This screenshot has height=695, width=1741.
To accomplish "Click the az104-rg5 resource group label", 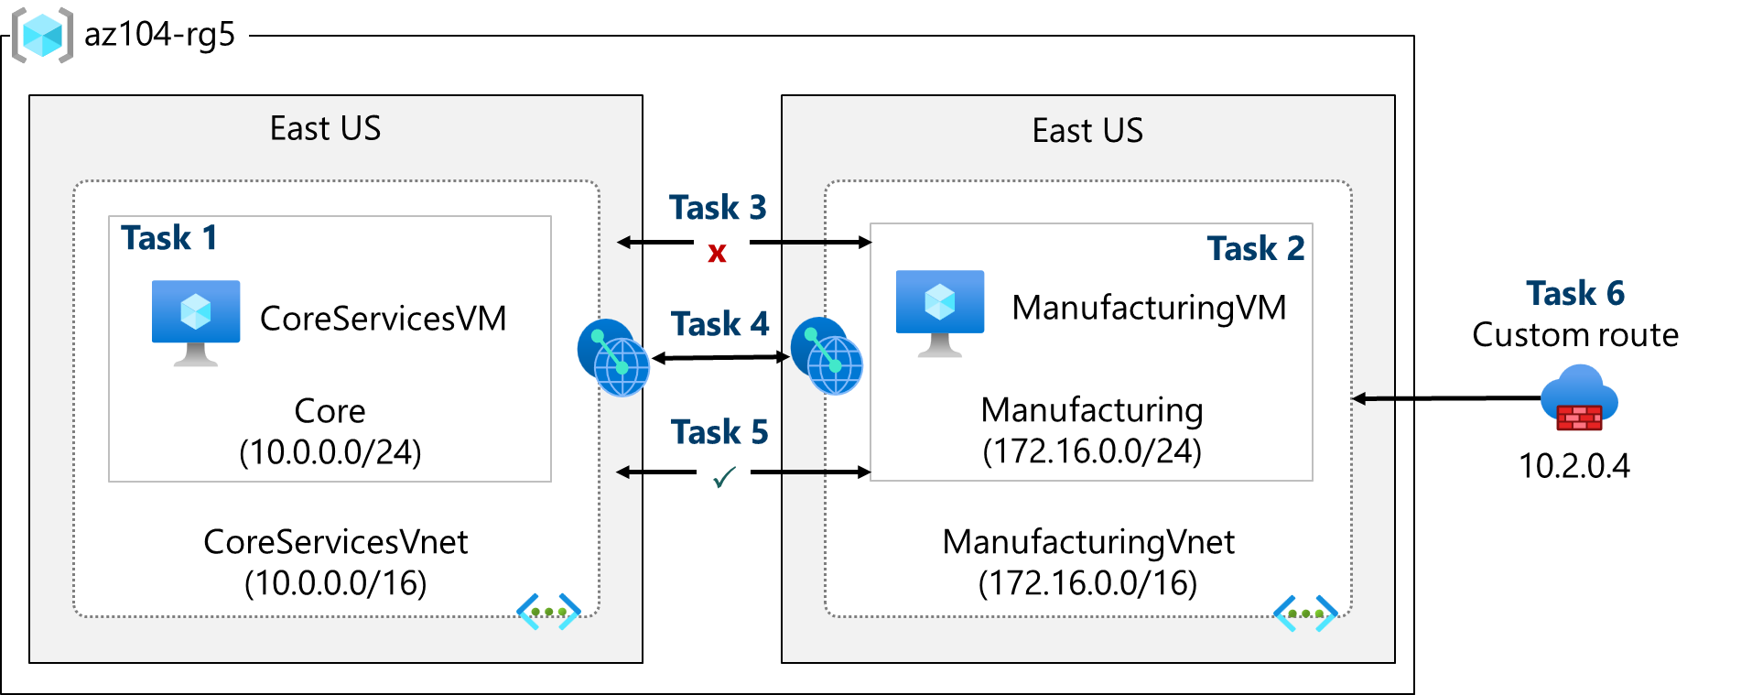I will coord(159,35).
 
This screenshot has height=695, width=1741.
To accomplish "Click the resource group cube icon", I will coord(42,36).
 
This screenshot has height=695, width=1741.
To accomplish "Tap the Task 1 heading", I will coord(169,238).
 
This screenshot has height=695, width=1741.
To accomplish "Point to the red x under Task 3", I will coord(717,253).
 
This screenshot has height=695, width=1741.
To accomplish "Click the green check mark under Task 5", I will coord(724,477).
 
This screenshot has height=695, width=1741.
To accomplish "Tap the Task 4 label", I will coord(719,324).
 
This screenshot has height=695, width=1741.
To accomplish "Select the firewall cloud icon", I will coord(1579,399).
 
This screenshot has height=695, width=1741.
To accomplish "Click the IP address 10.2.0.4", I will coord(1574,466).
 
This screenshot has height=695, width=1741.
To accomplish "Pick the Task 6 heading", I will coord(1575,294).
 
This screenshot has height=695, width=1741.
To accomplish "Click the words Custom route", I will coord(1575,335).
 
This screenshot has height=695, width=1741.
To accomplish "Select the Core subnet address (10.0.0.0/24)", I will coord(330,452).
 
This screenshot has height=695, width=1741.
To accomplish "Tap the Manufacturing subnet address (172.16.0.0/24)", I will coord(1091,451).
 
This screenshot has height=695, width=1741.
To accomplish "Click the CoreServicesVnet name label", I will coord(335,542).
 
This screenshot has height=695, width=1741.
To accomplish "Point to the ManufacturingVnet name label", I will coord(1088,542).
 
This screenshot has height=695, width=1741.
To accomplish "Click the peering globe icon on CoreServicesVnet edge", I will coord(613,357).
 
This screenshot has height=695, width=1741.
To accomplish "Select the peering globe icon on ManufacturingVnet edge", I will coord(827,356).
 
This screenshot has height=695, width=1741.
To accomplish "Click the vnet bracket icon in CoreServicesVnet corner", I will coord(548,612).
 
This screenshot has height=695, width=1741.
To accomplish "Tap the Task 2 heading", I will coord(1255,249).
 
